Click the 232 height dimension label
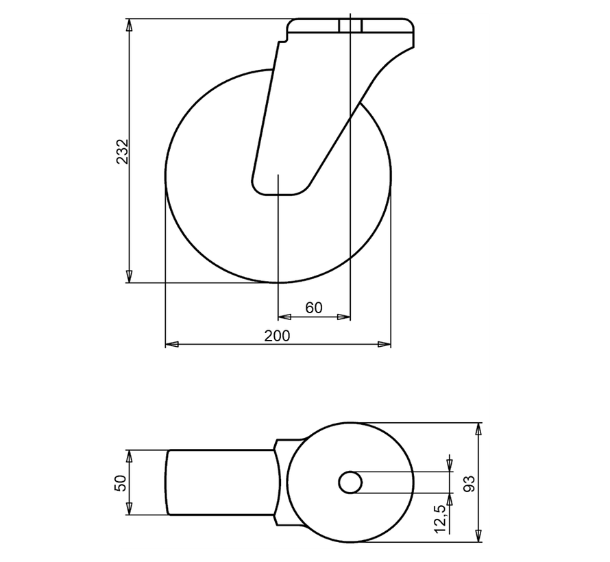pyautogui.click(x=123, y=151)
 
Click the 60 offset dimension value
pyautogui.click(x=314, y=308)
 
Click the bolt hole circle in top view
pyautogui.click(x=351, y=482)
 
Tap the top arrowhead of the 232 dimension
pyautogui.click(x=129, y=25)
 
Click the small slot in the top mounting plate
pyautogui.click(x=350, y=26)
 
